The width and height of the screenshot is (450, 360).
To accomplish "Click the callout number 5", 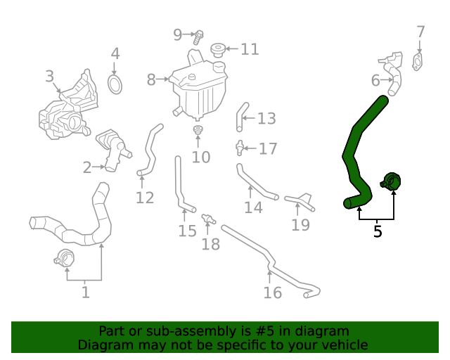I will click(378, 231).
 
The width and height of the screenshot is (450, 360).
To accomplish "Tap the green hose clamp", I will click(392, 182).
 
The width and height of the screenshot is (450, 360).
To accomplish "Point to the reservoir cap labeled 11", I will click(217, 50).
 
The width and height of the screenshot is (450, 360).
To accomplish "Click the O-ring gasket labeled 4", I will click(115, 84).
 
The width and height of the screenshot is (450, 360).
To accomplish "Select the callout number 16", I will click(272, 292).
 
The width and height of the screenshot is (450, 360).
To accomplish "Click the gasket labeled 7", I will click(420, 62).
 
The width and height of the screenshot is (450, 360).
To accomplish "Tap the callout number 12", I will click(145, 198).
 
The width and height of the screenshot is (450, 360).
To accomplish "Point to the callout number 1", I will click(85, 291).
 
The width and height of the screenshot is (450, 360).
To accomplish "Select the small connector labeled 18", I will click(208, 219).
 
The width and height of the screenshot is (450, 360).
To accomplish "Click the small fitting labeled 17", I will click(240, 148).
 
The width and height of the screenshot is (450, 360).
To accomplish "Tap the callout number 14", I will click(253, 207).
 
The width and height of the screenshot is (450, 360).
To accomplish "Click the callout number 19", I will click(300, 225).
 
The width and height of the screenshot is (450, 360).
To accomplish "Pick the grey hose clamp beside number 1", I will click(63, 258).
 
